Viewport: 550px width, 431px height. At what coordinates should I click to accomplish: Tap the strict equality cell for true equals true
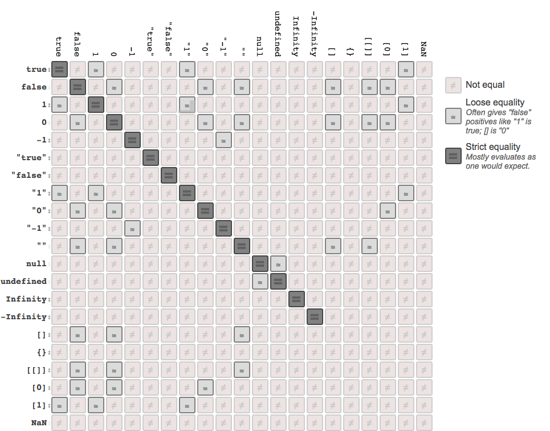pyautogui.click(x=59, y=70)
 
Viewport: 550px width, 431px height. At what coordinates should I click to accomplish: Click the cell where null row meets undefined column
pyautogui.click(x=278, y=264)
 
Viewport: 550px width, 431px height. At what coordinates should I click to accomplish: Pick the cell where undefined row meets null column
pyautogui.click(x=260, y=282)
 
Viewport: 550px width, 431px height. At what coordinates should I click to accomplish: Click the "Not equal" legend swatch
pyautogui.click(x=453, y=85)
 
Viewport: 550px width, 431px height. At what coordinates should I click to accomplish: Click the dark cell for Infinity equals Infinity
pyautogui.click(x=296, y=299)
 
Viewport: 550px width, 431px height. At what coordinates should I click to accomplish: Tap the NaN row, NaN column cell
pyautogui.click(x=424, y=423)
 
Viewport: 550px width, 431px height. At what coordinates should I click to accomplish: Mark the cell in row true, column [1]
pyautogui.click(x=406, y=70)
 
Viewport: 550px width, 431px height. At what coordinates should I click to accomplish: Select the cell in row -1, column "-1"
pyautogui.click(x=223, y=140)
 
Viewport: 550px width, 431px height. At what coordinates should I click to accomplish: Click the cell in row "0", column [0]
pyautogui.click(x=388, y=211)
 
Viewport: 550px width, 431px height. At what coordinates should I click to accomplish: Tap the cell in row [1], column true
pyautogui.click(x=59, y=405)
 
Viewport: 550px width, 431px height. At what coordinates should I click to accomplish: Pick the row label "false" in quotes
pyautogui.click(x=28, y=176)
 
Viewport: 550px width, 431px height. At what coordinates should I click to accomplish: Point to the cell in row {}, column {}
pyautogui.click(x=351, y=352)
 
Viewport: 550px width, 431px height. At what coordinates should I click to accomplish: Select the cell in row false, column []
pyautogui.click(x=333, y=87)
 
